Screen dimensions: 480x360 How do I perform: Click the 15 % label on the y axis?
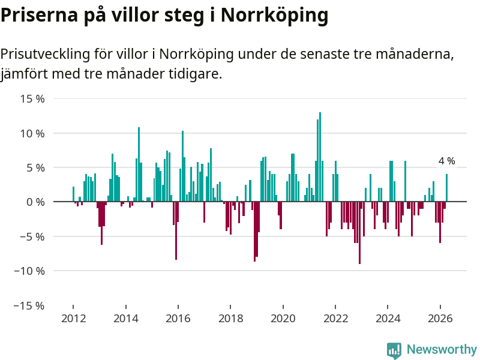pyautogui.click(x=32, y=99)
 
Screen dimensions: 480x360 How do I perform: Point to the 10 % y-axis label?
pyautogui.click(x=32, y=133)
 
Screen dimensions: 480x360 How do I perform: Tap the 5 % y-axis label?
pyautogui.click(x=35, y=168)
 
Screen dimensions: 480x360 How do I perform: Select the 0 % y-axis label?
pyautogui.click(x=35, y=202)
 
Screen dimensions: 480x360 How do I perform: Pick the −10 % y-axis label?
pyautogui.click(x=29, y=271)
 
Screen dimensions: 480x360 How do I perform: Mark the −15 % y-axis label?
pyautogui.click(x=29, y=305)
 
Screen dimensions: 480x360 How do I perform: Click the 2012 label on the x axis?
pyautogui.click(x=73, y=319)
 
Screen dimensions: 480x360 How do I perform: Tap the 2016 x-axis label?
pyautogui.click(x=178, y=319)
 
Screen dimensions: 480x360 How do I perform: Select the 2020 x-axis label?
pyautogui.click(x=283, y=319)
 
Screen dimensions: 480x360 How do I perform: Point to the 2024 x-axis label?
pyautogui.click(x=388, y=319)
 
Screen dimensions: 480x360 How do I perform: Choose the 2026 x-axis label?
pyautogui.click(x=440, y=319)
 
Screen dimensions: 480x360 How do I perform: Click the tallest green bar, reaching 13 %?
pyautogui.click(x=320, y=157)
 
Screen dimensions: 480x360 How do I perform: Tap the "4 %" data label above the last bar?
pyautogui.click(x=446, y=161)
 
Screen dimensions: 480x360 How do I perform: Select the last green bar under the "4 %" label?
pyautogui.click(x=446, y=188)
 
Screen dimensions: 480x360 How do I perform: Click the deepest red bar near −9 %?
pyautogui.click(x=359, y=233)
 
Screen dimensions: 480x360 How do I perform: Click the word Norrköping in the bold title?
pyautogui.click(x=274, y=16)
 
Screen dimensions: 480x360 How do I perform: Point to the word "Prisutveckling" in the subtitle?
pyautogui.click(x=46, y=54)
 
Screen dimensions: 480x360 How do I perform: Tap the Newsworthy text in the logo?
pyautogui.click(x=442, y=349)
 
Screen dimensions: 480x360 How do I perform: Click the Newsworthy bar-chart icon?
pyautogui.click(x=394, y=350)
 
